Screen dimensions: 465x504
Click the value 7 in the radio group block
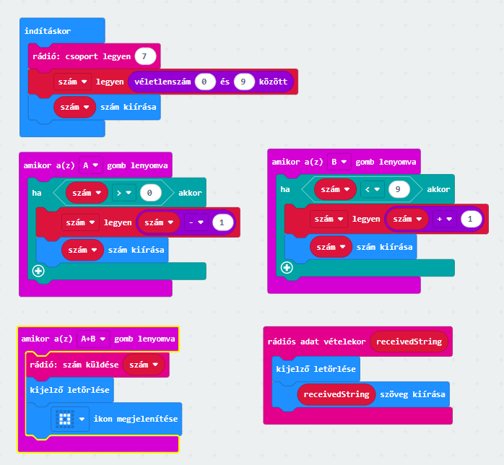click(145, 56)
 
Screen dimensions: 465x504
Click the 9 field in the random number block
click(244, 82)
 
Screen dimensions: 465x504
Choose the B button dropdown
click(339, 162)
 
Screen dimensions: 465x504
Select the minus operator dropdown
click(197, 223)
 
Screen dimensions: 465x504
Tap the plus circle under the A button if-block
click(38, 271)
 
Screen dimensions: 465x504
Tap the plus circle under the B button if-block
click(287, 268)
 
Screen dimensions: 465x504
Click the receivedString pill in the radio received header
click(409, 342)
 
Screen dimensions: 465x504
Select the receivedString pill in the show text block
click(336, 394)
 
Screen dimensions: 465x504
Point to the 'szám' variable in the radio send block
click(144, 365)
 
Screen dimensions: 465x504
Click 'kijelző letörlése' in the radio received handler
click(316, 369)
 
